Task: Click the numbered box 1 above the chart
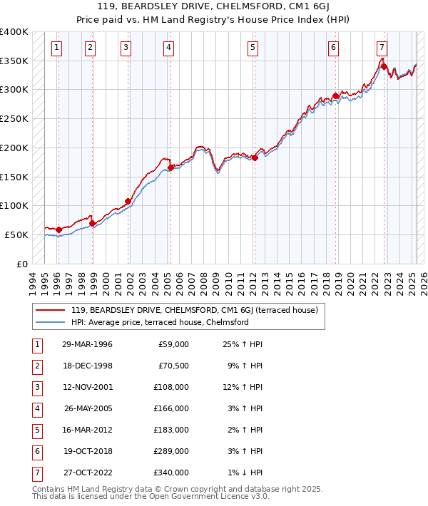[x=56, y=48]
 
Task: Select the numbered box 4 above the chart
[x=168, y=48]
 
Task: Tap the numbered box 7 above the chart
[x=382, y=48]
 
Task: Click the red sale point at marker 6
[x=335, y=95]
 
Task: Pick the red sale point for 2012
[x=255, y=158]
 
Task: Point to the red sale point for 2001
[x=128, y=201]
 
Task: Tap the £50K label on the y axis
[x=16, y=234]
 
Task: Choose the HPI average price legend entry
[x=159, y=322]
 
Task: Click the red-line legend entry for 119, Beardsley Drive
[x=198, y=310]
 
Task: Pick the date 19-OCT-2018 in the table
[x=87, y=451]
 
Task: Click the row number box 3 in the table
[x=36, y=388]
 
